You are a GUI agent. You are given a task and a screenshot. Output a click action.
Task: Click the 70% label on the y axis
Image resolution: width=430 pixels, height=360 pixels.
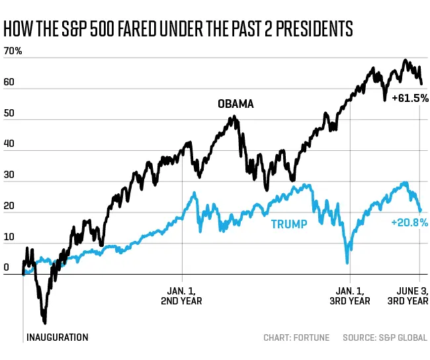(13, 51)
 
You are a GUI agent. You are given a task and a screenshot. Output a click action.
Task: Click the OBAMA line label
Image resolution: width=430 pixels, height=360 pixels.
(236, 104)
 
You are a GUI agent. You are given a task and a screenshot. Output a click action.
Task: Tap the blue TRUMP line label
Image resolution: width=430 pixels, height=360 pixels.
(289, 224)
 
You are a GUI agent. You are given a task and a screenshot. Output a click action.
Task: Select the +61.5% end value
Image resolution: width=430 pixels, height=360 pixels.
(409, 98)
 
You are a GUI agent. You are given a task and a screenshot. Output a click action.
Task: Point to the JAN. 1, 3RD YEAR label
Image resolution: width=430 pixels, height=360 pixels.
(350, 295)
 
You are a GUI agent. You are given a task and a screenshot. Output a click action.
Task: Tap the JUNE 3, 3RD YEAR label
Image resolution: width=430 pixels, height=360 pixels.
(408, 295)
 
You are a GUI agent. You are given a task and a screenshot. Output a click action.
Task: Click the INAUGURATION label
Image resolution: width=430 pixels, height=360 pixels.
(57, 337)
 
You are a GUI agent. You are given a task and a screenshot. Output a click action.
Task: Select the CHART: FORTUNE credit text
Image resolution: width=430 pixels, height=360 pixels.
(296, 337)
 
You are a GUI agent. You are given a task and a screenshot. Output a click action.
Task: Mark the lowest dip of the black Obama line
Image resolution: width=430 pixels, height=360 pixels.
(44, 323)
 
